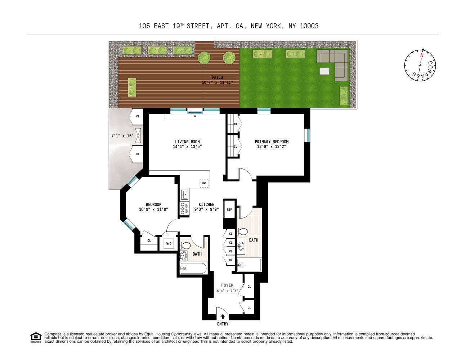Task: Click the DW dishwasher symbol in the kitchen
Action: tap(204, 183)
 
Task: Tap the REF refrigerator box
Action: tap(229, 210)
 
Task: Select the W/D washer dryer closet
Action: tap(169, 244)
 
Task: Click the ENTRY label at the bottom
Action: tap(223, 324)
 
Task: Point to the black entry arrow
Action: tap(223, 317)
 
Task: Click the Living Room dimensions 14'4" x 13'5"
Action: tap(187, 147)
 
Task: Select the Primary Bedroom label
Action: tap(272, 141)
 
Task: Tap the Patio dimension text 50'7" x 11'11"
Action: tap(218, 82)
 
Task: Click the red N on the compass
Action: tap(421, 55)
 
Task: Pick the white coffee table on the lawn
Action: tap(324, 71)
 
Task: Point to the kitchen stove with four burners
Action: tap(184, 209)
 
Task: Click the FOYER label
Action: tap(227, 285)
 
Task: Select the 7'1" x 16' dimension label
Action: tap(122, 136)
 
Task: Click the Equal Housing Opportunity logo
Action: tap(36, 337)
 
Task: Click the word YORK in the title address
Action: tap(275, 26)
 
